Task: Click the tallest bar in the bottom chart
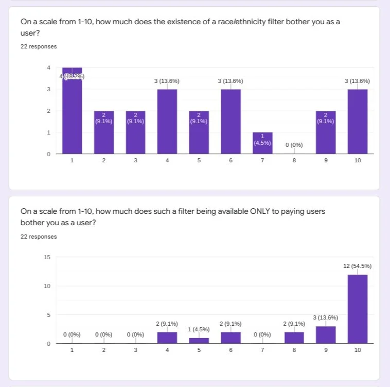click(358, 309)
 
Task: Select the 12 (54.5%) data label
click(357, 266)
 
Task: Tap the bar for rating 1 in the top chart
click(72, 111)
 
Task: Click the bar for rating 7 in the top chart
click(262, 143)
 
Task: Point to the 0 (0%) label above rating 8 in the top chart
click(294, 145)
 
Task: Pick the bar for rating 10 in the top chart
click(358, 122)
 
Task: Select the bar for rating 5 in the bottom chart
click(199, 341)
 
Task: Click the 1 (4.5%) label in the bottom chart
click(199, 329)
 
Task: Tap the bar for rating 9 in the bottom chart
click(326, 335)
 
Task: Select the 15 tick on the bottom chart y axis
click(47, 257)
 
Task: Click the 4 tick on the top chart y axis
click(49, 68)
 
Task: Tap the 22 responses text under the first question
click(39, 47)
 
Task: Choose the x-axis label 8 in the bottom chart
click(294, 350)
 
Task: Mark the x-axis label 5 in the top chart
click(199, 161)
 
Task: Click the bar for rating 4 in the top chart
click(167, 122)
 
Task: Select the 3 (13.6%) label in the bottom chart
click(325, 318)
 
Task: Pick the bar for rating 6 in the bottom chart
click(231, 338)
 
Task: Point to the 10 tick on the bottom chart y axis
click(47, 286)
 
